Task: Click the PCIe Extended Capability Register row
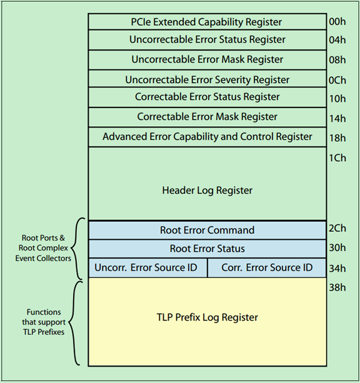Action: tap(207, 22)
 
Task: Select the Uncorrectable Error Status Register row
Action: tap(207, 40)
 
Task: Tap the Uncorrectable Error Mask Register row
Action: tap(207, 59)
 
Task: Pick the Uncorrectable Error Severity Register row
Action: tap(207, 79)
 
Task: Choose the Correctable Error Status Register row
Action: tap(207, 97)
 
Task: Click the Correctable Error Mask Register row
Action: tap(207, 117)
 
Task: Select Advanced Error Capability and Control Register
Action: tap(207, 136)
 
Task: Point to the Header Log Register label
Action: tap(207, 190)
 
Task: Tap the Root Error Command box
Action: tap(207, 230)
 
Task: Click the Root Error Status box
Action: tap(207, 249)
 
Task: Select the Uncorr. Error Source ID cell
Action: tap(147, 267)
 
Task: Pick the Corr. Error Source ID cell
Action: tap(267, 267)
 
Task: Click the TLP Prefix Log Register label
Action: tap(207, 317)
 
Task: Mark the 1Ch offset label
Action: tap(337, 158)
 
